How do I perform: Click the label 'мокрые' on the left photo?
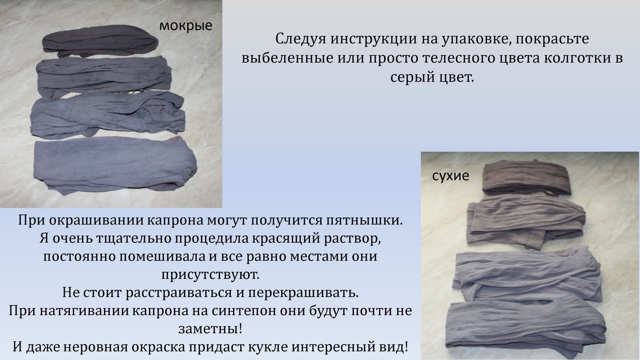pyautogui.click(x=185, y=25)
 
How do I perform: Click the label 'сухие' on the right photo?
pyautogui.click(x=450, y=176)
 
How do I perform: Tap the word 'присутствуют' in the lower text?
pyautogui.click(x=210, y=274)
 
